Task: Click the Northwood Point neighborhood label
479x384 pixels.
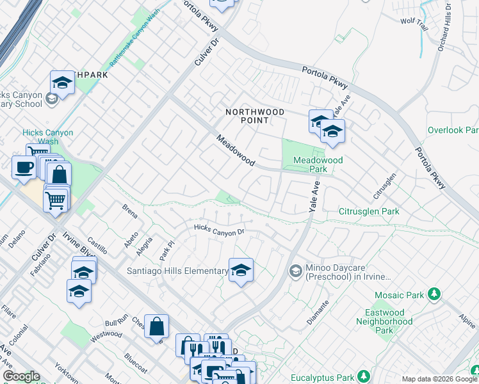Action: [x=255, y=116]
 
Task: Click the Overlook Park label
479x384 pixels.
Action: [x=453, y=130]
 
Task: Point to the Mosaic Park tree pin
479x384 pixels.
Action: [x=435, y=294]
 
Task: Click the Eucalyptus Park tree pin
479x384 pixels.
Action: [x=364, y=376]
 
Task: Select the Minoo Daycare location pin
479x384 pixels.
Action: [x=295, y=271]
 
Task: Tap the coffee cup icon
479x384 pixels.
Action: [x=24, y=168]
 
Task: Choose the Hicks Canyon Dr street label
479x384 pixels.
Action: [x=220, y=230]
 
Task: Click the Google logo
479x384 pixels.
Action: [x=21, y=376]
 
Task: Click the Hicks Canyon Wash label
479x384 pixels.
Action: [x=48, y=137]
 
